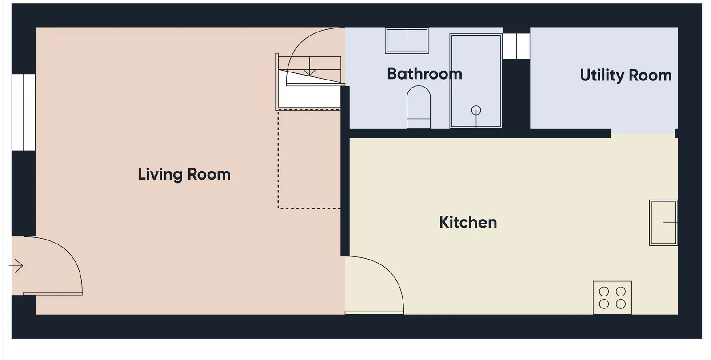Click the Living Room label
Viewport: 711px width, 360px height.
coord(184,174)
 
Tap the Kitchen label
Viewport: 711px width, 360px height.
coord(468,222)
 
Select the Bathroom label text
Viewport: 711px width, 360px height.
coord(425,74)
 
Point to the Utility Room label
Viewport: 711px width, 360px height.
coord(626,76)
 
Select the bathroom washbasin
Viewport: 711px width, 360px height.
coord(407,40)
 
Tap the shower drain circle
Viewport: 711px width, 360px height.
coord(476,111)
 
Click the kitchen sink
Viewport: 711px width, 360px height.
coord(663,223)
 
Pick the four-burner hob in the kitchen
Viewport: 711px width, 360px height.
coord(612,297)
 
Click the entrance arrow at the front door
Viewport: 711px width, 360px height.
coord(16,266)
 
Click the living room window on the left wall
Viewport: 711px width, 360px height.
coord(24,112)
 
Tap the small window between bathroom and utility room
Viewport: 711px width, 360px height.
coord(516,46)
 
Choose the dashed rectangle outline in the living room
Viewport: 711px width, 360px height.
coord(278,159)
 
